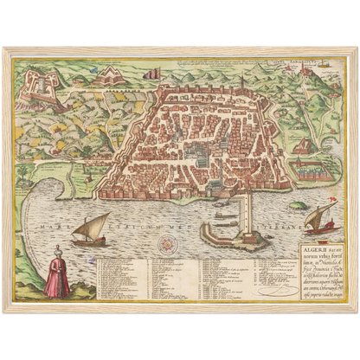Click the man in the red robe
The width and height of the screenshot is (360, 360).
point(56,275)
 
